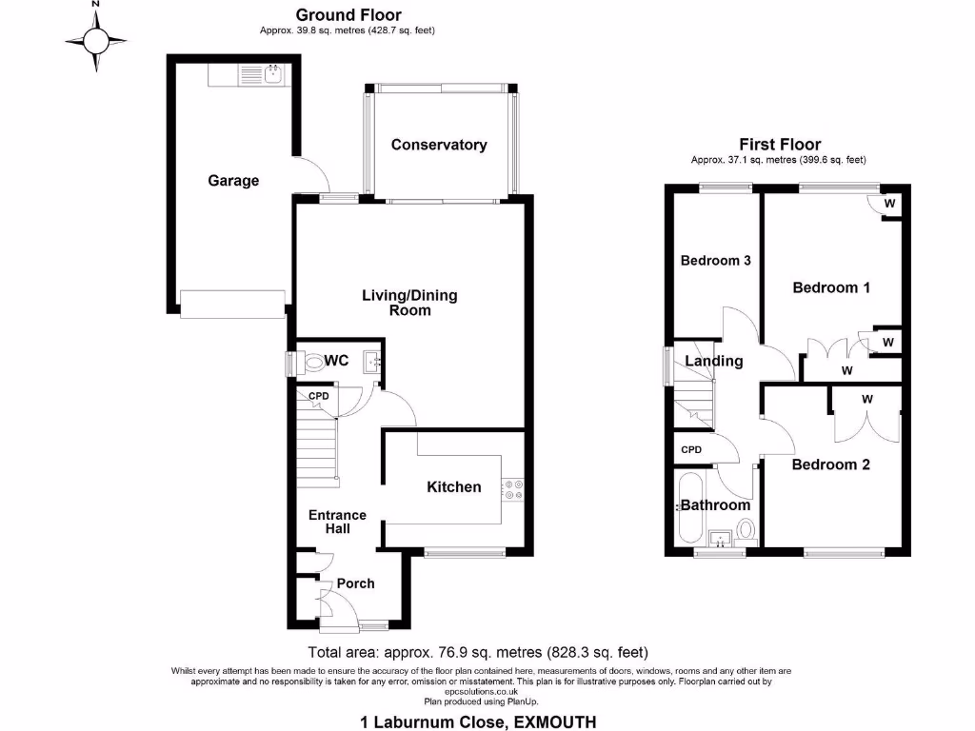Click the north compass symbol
click(x=95, y=40)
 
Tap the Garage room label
click(x=233, y=180)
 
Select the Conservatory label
click(x=439, y=145)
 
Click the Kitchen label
click(x=453, y=486)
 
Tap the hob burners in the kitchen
click(x=514, y=488)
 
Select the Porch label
click(x=355, y=583)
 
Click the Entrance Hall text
click(x=337, y=522)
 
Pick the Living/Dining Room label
click(x=409, y=303)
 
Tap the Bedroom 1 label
click(x=831, y=286)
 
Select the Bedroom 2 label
click(x=830, y=464)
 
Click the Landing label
click(x=714, y=361)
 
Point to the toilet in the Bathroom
click(x=746, y=529)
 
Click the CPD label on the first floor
click(x=690, y=449)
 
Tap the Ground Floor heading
click(x=348, y=14)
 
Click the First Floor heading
click(x=780, y=145)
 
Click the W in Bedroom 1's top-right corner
click(x=889, y=203)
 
